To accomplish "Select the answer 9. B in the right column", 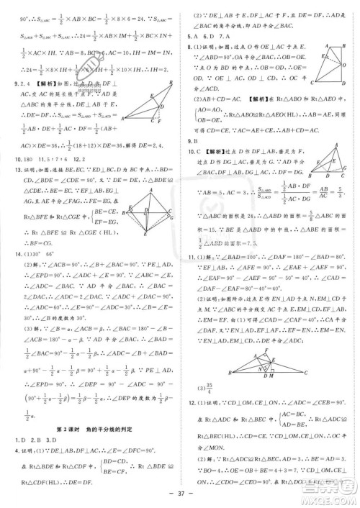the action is (x=192, y=140).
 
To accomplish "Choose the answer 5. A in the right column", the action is (x=192, y=37).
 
